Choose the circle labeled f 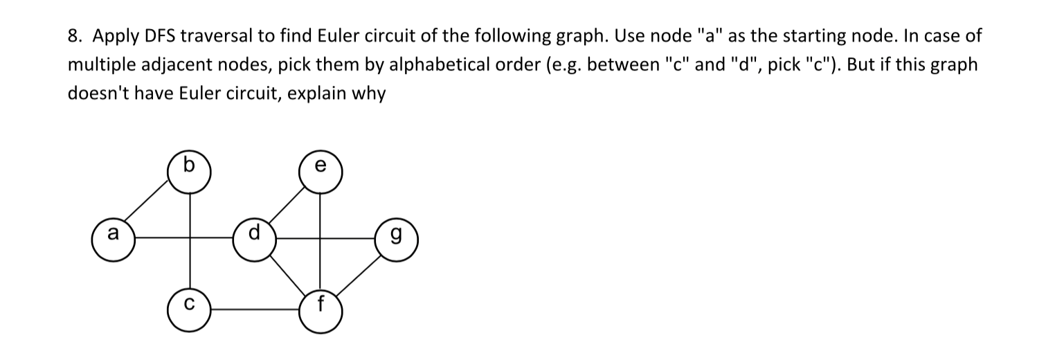coord(320,305)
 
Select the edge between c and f coord(254,305)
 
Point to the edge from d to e coord(289,203)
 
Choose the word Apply coord(109,37)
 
